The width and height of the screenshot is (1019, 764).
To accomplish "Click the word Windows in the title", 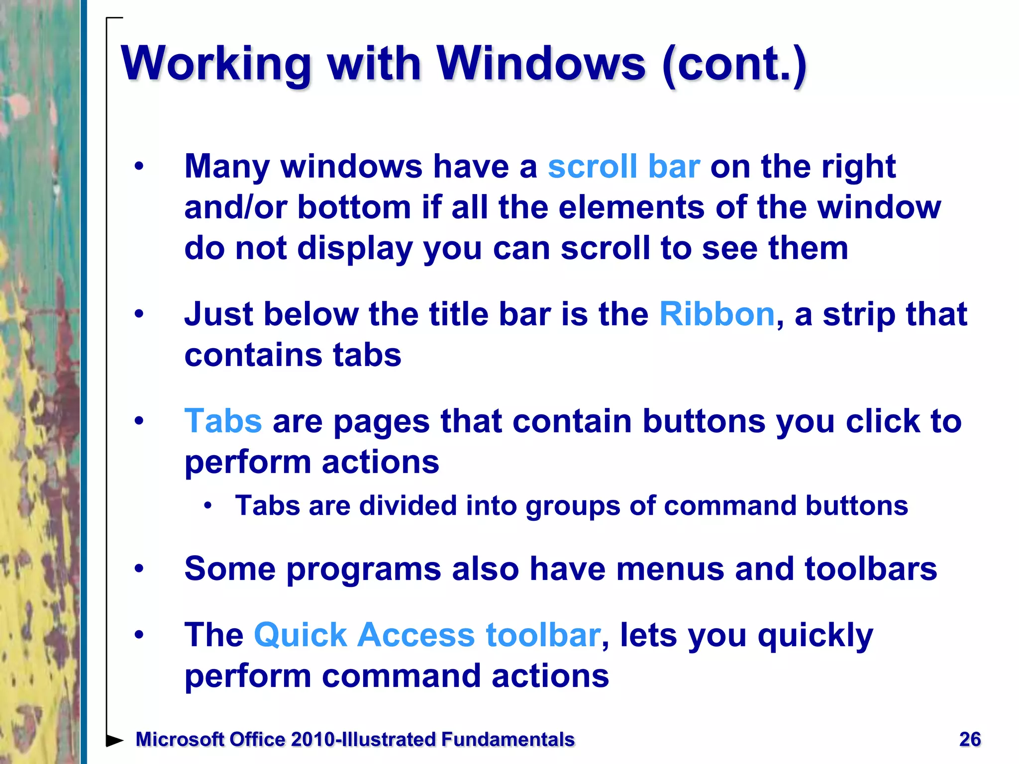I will coord(541,64).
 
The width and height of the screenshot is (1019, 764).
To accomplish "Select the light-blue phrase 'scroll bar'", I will coord(623,167).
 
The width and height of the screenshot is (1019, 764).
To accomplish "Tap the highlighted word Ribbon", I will coord(716,314).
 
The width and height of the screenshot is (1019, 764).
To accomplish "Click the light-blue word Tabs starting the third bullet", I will coord(223,421).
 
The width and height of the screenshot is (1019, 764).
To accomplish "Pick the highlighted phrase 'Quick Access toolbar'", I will coord(427,635).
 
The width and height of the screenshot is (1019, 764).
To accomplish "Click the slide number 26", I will coord(970,740).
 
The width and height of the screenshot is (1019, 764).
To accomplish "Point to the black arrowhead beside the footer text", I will coord(114,740).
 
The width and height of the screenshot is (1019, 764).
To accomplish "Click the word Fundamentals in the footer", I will coord(508,740).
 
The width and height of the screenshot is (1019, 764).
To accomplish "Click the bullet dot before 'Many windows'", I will coord(139,167).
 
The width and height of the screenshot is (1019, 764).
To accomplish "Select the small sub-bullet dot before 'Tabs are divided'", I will coord(208,506).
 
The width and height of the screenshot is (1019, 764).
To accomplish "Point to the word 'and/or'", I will coord(235,207).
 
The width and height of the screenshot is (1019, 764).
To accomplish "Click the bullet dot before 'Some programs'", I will coord(139,569).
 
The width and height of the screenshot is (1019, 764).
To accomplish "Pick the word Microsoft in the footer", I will coord(180,740).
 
